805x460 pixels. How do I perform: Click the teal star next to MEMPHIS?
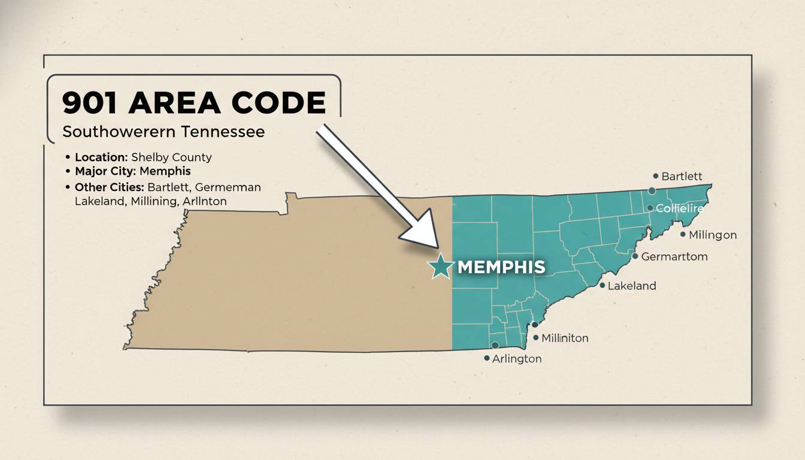[x=441, y=267]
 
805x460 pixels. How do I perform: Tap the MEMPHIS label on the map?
[x=501, y=267]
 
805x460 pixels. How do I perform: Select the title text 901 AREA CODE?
[x=193, y=103]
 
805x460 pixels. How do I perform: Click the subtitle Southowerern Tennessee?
[x=163, y=131]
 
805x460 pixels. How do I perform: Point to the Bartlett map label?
[x=682, y=176]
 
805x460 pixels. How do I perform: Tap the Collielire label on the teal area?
[x=679, y=208]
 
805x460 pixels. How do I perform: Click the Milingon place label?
[x=712, y=235]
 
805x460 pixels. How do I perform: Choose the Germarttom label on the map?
[x=674, y=257]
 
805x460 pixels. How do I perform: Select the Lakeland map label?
[x=631, y=286]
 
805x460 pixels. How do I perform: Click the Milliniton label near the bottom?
[x=564, y=338]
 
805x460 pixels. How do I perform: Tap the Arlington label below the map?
[x=516, y=359]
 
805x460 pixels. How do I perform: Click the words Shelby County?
[x=171, y=158]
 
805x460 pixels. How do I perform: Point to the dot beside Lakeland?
[x=603, y=286]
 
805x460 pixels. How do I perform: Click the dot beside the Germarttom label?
[x=635, y=256]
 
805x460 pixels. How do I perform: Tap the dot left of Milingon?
[x=683, y=234]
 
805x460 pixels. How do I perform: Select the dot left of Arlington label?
[x=486, y=358]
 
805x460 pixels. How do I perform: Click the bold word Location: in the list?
[x=101, y=158]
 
